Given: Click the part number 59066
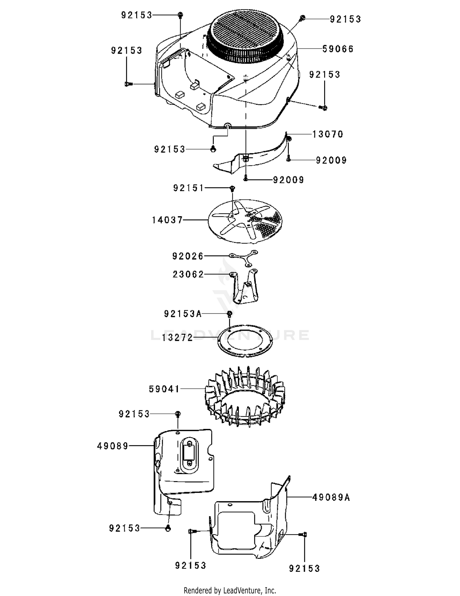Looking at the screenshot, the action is click(338, 49).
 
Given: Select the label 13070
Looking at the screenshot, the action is click(328, 134).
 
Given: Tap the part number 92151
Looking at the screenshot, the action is click(189, 188).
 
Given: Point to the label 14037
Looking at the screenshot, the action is click(167, 220).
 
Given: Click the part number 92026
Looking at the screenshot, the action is click(188, 256).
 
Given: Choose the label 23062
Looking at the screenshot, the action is click(188, 274).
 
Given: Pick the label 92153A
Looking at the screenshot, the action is click(183, 314).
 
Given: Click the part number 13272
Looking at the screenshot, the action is click(178, 338).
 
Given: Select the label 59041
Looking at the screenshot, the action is click(164, 389).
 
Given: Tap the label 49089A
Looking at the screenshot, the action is click(331, 497).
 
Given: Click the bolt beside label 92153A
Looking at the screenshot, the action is click(229, 314).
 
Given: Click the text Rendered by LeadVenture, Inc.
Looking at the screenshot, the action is click(230, 590).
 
